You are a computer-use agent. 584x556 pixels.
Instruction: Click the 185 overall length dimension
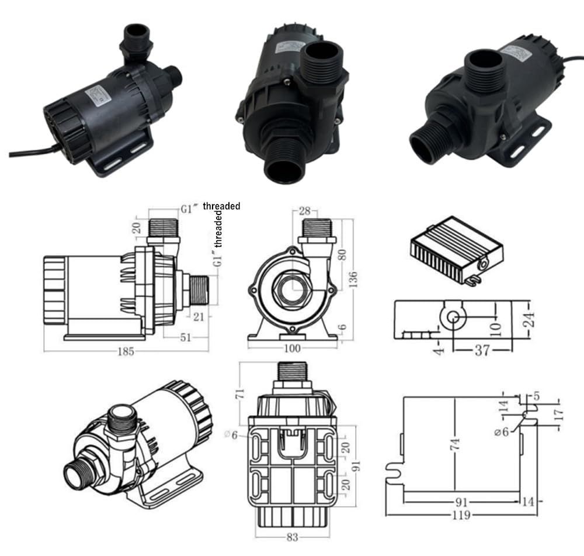pos(127,351)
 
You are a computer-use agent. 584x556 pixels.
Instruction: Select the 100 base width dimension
pos(292,348)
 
